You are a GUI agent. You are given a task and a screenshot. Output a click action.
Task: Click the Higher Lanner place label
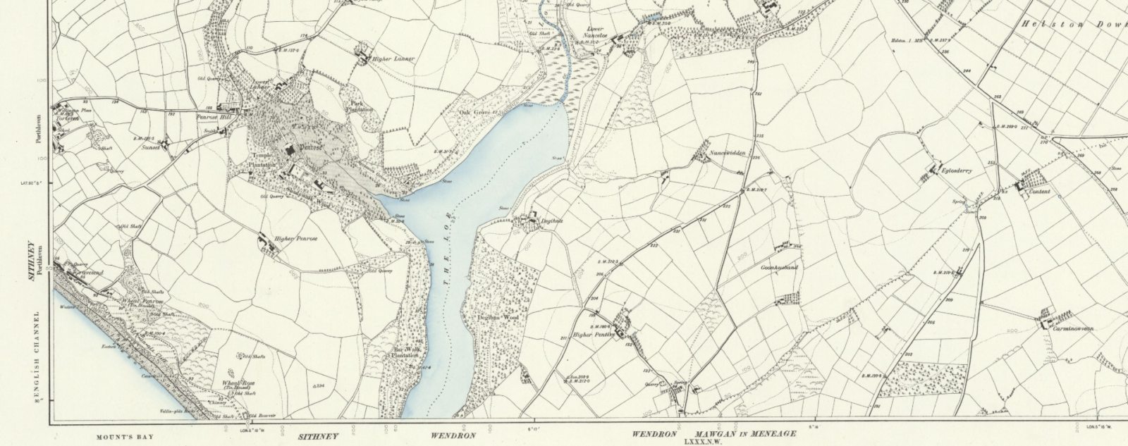tap(393, 59)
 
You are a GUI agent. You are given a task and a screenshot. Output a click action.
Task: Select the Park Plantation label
tap(357, 106)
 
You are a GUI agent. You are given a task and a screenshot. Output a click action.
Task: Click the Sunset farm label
tap(149, 149)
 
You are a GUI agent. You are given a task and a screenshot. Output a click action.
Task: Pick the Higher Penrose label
tap(296, 239)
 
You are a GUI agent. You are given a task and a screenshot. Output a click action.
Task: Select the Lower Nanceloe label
tap(596, 33)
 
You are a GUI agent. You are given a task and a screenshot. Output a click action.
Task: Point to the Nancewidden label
tap(728, 154)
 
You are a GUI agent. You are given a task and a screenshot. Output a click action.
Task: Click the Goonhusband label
tap(779, 268)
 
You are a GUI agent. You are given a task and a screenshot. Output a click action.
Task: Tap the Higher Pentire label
tap(593, 335)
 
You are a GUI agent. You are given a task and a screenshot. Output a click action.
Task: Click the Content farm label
tap(1039, 192)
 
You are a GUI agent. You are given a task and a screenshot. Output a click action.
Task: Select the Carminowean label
tap(1073, 329)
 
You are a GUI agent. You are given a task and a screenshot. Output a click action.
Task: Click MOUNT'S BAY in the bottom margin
tap(124, 437)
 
